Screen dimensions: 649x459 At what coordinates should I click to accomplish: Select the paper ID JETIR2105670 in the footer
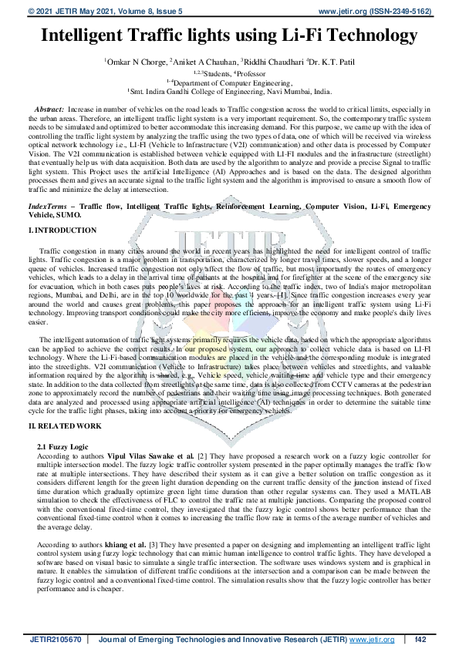pyautogui.click(x=57, y=639)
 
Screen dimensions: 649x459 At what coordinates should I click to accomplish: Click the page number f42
pyautogui.click(x=421, y=639)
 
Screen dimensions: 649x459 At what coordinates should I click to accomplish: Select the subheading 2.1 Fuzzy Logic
pyautogui.click(x=62, y=447)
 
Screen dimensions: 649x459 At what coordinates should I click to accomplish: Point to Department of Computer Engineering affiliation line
pyautogui.click(x=230, y=81)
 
